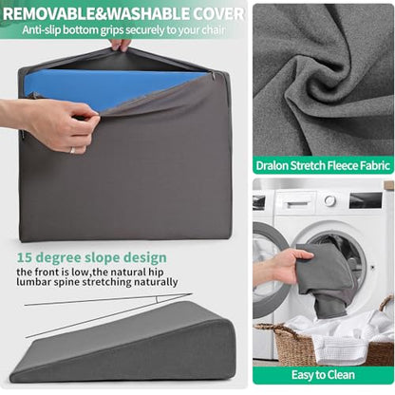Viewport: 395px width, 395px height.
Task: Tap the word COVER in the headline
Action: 219,14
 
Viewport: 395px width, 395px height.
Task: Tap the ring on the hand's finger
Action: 72,150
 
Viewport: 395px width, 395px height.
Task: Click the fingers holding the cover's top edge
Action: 120,45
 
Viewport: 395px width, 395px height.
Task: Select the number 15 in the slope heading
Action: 24,257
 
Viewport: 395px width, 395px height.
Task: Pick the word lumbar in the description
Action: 33,282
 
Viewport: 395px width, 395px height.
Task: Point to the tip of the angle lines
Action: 192,293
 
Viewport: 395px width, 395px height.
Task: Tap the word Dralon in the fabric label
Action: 273,165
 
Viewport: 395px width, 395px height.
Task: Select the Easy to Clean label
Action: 323,375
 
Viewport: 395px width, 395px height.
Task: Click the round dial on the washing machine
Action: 329,200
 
